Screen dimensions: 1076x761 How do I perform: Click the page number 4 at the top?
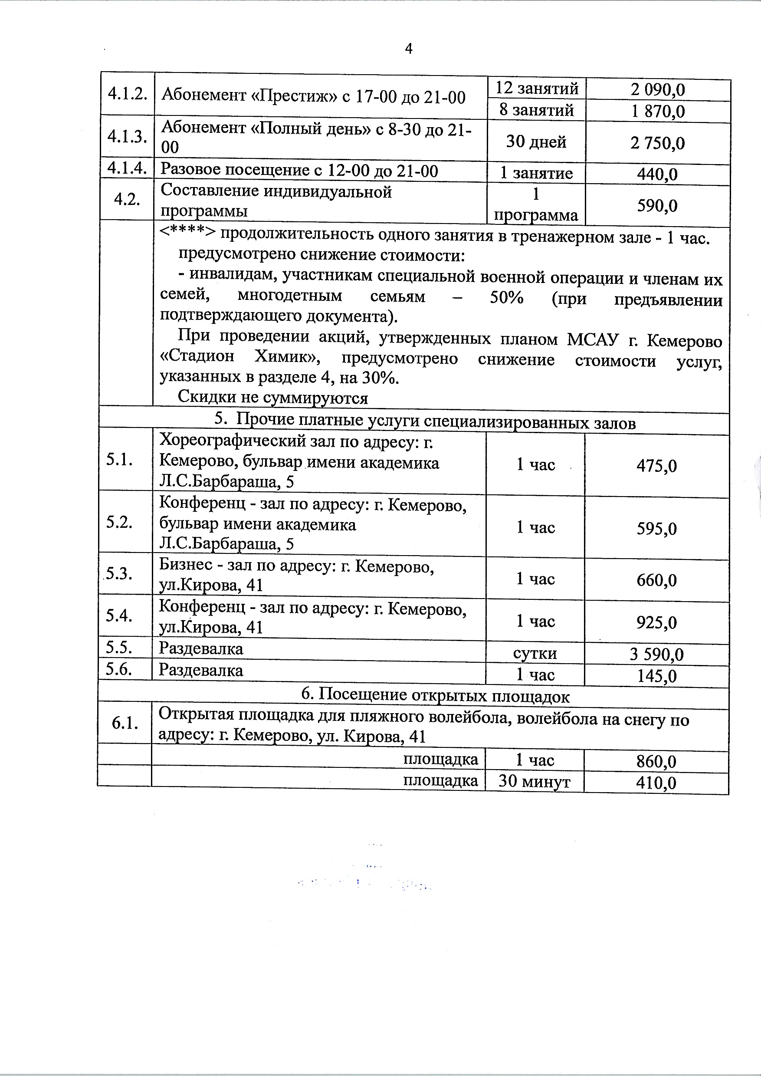coord(408,49)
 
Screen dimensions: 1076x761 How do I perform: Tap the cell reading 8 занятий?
coord(536,110)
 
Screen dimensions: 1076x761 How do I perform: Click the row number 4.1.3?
coord(127,136)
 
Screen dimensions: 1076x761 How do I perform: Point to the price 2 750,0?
coord(657,143)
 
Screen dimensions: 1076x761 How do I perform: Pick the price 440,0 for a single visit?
coord(657,174)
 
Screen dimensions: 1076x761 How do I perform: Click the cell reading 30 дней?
coord(536,141)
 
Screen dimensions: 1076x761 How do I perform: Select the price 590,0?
coord(657,205)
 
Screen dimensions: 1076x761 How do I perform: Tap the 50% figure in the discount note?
coord(506,298)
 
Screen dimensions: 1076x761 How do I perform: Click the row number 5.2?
coord(119,522)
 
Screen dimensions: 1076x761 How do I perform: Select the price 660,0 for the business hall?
coord(656,580)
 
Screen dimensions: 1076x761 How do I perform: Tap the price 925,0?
coord(656,622)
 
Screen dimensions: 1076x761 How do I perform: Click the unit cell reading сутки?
coord(535,653)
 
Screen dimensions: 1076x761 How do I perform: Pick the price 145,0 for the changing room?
coord(656,676)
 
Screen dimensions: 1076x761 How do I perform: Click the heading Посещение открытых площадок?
coord(435,695)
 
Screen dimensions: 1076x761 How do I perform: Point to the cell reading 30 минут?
coord(534,781)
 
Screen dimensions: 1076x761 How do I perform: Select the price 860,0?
coord(656,761)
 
